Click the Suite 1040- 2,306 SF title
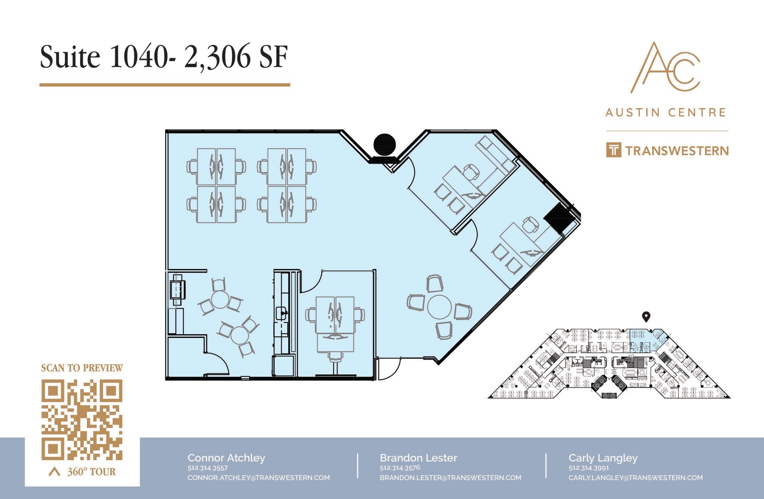coord(164,57)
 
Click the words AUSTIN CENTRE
coord(666,112)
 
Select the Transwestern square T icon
coord(614,150)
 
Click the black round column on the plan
coord(385,144)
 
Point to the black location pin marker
coord(646,317)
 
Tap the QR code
coord(82,420)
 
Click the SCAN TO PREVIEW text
coord(82,368)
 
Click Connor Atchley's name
coord(226,458)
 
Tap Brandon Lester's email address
coord(450,478)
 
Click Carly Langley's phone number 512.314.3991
coord(589,468)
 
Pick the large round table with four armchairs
coord(439,307)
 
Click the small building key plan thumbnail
coord(609,364)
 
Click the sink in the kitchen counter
coord(281,313)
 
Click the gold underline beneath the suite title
coord(165,85)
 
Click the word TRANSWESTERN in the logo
coord(677,151)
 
